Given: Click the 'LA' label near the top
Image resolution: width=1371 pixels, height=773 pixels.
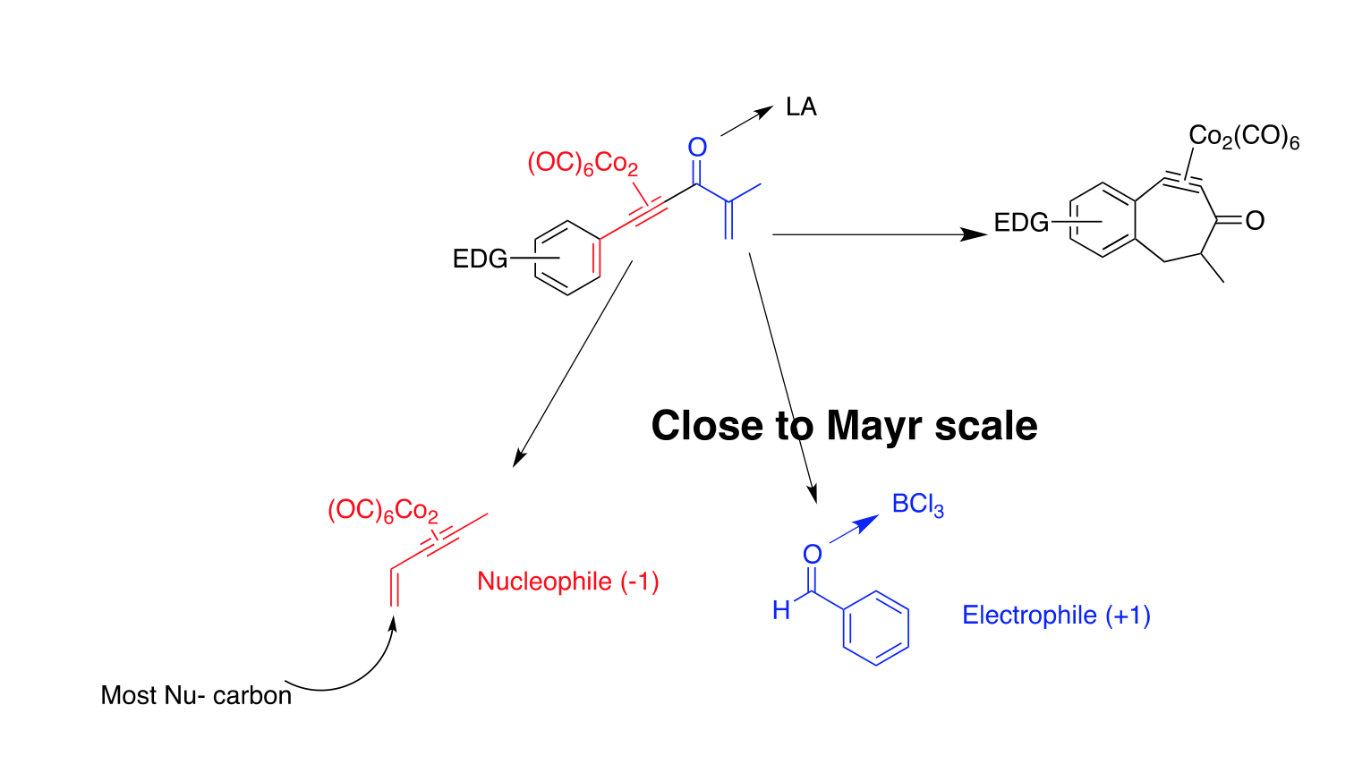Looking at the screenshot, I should point(801,107).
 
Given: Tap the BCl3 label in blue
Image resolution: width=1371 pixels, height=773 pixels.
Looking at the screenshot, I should point(917,505).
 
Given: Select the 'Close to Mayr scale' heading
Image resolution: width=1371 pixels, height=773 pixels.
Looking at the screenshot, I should point(844,426).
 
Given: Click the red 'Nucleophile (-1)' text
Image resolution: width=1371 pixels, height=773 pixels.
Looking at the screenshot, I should point(568,582).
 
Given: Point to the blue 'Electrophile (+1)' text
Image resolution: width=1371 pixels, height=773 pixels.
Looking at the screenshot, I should point(1056,616).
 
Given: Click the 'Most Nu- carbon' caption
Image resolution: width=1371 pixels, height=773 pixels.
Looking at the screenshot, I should point(196,695).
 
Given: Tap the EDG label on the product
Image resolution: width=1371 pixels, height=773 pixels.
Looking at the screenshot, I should point(1021,223).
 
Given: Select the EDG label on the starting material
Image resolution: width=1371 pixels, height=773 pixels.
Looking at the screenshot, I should point(480,259).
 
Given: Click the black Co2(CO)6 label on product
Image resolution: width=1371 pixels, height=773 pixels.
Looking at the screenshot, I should point(1243,138).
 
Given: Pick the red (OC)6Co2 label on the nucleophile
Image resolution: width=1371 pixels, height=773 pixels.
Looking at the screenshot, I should point(383,511).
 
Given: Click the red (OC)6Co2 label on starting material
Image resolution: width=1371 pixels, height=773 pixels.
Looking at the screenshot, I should point(583,164).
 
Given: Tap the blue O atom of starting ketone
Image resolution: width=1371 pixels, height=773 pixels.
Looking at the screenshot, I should point(697,148).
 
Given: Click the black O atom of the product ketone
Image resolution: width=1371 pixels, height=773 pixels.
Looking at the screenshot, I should point(1255,221).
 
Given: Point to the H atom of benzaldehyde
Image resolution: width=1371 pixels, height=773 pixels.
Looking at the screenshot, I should point(781,610).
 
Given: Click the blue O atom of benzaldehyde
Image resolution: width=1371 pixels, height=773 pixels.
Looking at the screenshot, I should point(812,555).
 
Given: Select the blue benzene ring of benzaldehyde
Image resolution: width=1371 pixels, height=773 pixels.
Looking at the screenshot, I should point(876,628).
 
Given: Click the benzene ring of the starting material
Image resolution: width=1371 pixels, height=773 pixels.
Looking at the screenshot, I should point(567,258).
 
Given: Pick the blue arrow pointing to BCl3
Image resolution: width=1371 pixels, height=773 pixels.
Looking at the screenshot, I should point(854,529).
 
